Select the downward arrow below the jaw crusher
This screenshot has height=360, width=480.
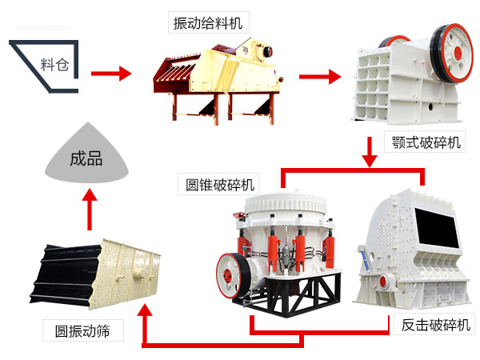click(369, 151)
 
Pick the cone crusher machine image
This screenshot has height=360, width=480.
click(284, 248)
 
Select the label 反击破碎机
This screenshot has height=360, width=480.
click(433, 326)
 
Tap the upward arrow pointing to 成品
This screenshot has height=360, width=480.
click(89, 209)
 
